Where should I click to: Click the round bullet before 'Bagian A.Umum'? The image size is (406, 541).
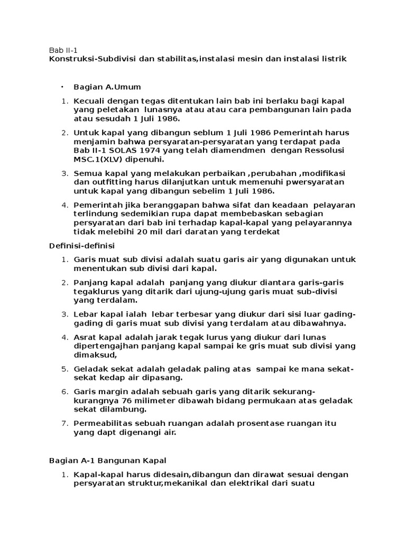(62, 87)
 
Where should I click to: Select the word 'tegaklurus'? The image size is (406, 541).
(96, 292)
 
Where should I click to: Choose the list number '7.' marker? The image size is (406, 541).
(66, 424)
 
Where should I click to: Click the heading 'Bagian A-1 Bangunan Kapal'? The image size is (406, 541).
(107, 461)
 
